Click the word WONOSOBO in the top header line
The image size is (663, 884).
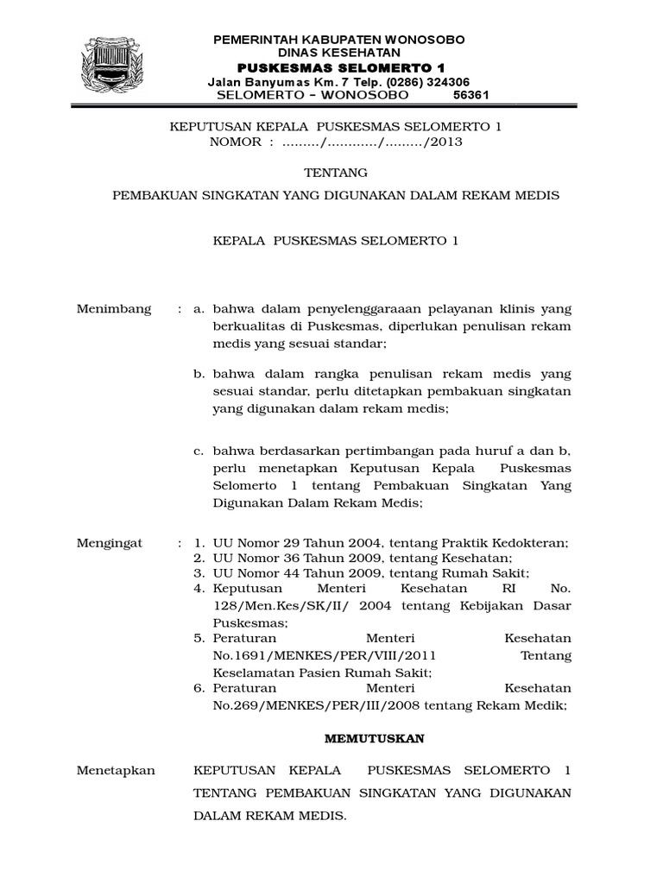[425, 40]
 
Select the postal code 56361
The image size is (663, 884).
[470, 95]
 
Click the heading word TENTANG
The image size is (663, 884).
[337, 172]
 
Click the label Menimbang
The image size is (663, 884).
[114, 309]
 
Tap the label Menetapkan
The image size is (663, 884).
[115, 770]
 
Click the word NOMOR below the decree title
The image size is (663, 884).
[235, 142]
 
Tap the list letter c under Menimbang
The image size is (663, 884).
[198, 451]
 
